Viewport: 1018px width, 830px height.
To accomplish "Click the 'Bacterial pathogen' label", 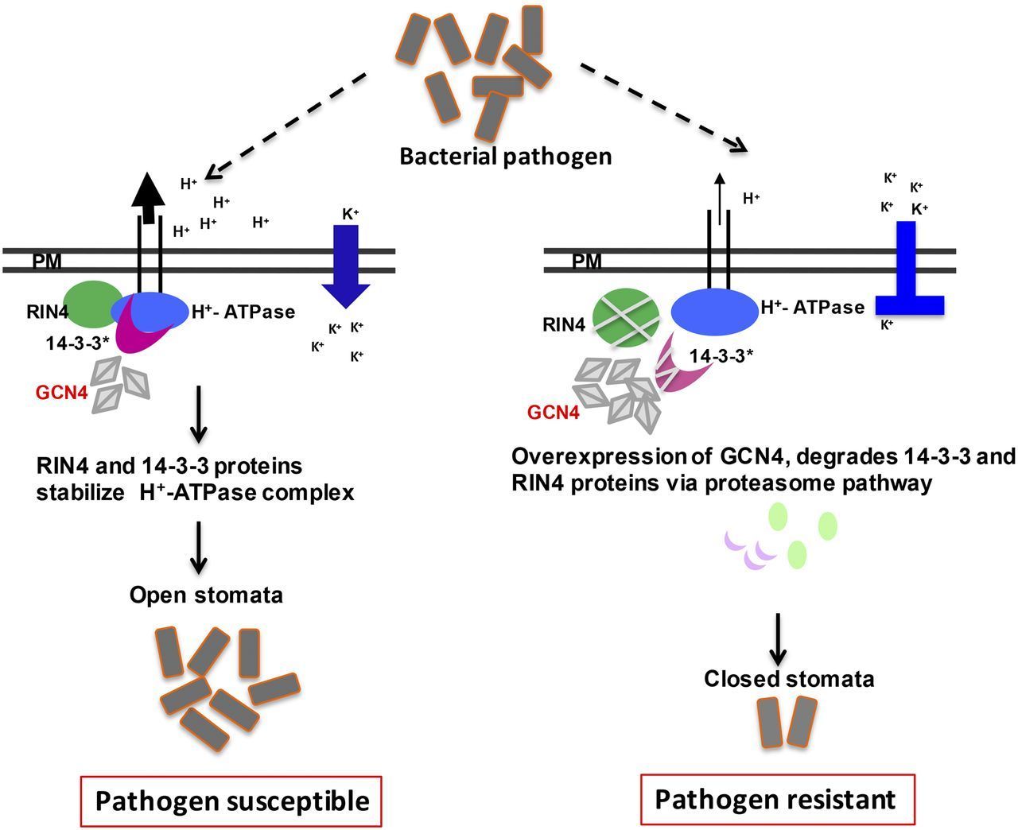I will coord(505,156).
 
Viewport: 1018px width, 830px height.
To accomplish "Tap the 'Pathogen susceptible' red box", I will coord(232,801).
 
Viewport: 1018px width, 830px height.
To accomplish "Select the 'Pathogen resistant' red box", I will coord(775,799).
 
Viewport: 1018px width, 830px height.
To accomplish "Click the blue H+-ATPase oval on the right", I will coord(714,310).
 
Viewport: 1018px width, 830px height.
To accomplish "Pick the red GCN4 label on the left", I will coord(60,391).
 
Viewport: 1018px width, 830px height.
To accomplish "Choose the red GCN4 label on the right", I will coord(553,413).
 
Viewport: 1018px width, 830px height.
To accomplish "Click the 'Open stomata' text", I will coord(206,595).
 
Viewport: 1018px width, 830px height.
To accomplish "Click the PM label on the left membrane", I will coord(47,261).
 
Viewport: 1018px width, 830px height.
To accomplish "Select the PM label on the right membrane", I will coord(587,261).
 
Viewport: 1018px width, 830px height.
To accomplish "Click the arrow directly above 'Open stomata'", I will coord(199,548).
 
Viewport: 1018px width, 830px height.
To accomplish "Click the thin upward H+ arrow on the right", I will coord(719,199).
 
